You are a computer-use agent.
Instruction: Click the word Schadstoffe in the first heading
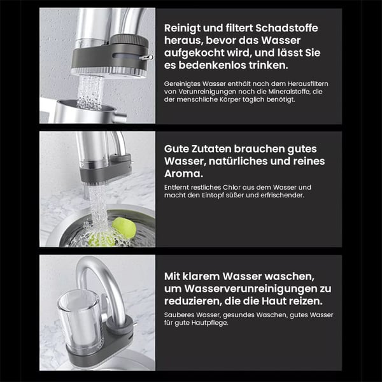286,28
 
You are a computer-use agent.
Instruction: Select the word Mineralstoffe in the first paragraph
292,92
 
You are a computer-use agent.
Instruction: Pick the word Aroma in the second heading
183,174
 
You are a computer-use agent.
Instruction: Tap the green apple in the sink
124,229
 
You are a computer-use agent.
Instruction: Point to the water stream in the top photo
90,92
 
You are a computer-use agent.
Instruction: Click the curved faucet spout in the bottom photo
102,280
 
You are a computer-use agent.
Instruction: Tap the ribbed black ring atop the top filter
129,40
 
